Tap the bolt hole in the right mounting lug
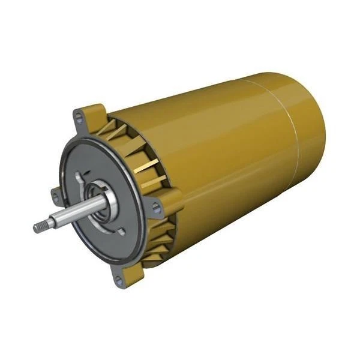point(156,208)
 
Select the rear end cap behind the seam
point(309,132)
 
